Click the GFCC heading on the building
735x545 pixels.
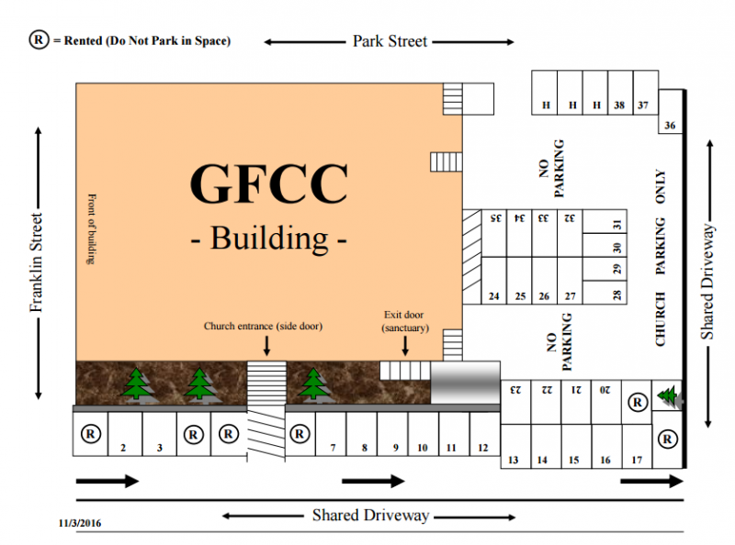click(269, 184)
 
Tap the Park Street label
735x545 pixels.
click(390, 41)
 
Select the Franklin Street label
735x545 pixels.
click(36, 262)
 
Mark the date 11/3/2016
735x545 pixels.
click(80, 524)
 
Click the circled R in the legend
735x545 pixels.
click(39, 39)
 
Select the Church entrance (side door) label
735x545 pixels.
click(263, 326)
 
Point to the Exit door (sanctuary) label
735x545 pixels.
click(405, 321)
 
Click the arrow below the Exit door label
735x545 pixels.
click(405, 346)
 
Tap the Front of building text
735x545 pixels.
click(91, 229)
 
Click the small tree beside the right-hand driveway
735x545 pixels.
click(669, 396)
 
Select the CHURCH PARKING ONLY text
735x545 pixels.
click(661, 258)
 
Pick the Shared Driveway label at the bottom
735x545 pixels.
click(371, 516)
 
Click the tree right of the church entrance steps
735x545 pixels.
click(312, 386)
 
